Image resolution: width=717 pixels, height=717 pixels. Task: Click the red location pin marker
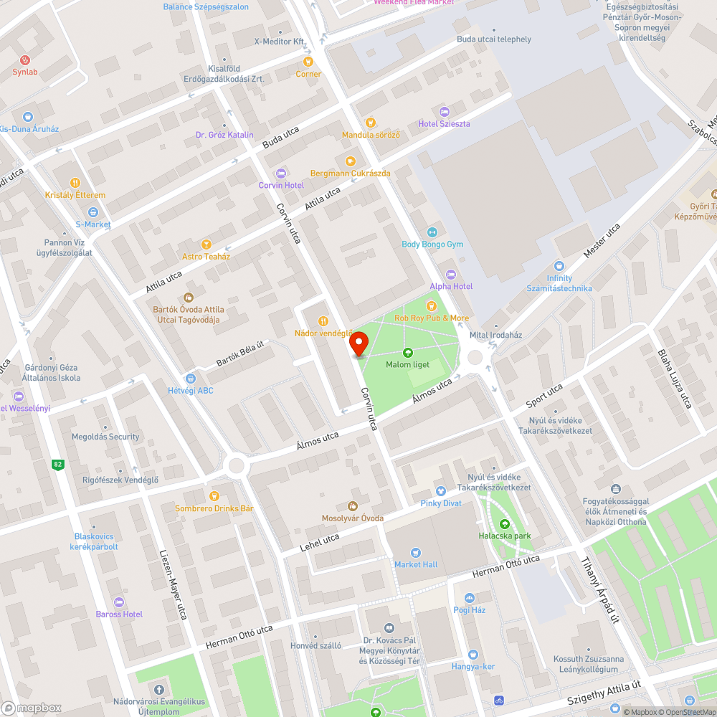click(358, 343)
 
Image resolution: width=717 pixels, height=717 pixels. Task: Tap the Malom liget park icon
click(407, 352)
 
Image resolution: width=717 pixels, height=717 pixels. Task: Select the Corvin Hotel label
click(281, 185)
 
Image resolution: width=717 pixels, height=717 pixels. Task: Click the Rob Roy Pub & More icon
click(432, 306)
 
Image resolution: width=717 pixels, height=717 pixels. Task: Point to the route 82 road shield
click(57, 465)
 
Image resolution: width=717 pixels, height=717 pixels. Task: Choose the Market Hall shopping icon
click(416, 552)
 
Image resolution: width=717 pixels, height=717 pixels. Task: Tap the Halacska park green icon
click(504, 523)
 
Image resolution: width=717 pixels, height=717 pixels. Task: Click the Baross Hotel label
click(119, 614)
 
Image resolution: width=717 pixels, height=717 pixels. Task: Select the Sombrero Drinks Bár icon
click(214, 496)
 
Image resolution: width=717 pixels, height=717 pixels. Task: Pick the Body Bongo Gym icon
click(432, 232)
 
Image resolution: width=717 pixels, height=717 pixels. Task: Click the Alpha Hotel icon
click(451, 274)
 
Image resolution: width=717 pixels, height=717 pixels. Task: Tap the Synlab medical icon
click(26, 60)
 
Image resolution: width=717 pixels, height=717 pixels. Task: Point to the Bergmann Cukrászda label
click(350, 174)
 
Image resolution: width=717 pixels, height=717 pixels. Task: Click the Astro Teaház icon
click(206, 244)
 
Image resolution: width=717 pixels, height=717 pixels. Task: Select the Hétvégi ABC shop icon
click(190, 379)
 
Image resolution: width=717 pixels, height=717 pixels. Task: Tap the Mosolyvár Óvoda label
click(352, 518)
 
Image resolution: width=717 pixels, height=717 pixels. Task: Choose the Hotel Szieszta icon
click(444, 111)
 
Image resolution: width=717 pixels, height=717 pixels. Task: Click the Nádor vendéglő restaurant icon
click(323, 321)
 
